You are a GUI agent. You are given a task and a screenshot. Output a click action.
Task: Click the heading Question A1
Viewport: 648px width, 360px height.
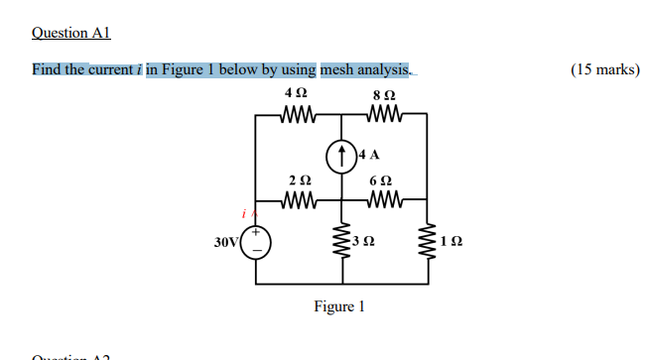point(71,33)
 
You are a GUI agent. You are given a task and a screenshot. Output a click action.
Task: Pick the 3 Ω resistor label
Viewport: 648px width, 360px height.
point(366,241)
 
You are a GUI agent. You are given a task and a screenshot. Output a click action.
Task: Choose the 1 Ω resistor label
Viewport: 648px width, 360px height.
point(452,241)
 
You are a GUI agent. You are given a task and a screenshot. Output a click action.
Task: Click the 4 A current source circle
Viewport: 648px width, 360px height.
point(341,155)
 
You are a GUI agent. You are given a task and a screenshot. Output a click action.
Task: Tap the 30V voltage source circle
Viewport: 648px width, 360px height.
point(256,241)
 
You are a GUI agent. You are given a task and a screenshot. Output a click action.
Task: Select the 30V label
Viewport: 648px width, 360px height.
point(226,241)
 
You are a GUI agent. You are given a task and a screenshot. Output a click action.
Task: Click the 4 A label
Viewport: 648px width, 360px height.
point(369,154)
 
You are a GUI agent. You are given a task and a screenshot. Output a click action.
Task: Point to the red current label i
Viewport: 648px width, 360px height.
point(243,214)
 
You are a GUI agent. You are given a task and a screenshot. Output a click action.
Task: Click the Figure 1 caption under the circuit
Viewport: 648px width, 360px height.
point(339,306)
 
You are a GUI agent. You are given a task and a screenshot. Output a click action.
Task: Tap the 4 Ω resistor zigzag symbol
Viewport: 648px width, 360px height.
point(299,115)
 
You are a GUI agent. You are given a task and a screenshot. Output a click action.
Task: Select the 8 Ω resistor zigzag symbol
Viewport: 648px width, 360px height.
point(383,115)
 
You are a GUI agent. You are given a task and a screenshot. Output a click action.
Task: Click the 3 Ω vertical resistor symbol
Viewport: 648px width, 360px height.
point(341,241)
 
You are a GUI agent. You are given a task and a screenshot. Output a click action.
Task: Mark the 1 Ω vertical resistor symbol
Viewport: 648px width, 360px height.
point(428,241)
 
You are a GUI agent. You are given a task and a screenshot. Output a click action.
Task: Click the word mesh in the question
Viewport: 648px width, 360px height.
point(339,69)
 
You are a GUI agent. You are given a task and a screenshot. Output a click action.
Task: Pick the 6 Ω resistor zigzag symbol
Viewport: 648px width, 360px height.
point(383,200)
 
